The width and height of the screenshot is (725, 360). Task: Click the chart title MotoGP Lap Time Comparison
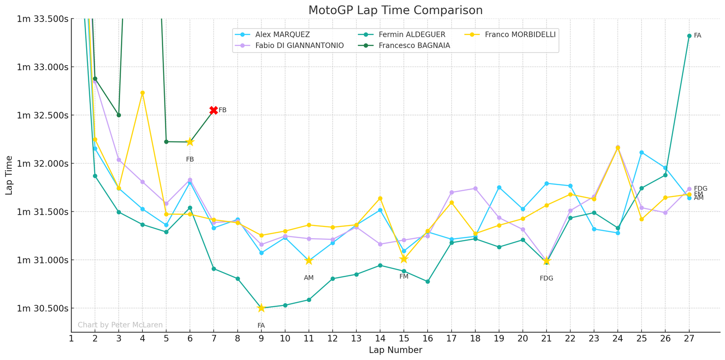(x=395, y=10)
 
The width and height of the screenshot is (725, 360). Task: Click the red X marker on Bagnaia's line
(x=213, y=110)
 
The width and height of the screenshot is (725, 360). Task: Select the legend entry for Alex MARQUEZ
(x=282, y=34)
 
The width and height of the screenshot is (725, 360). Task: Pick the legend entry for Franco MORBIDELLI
(x=520, y=34)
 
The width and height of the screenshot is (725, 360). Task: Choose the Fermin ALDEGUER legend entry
(x=411, y=34)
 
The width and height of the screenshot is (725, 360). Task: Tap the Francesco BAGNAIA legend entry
(x=414, y=45)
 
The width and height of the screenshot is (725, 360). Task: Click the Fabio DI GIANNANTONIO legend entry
(x=299, y=45)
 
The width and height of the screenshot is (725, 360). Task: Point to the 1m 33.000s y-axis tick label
(x=43, y=67)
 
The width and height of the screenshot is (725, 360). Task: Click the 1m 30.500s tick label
(x=43, y=308)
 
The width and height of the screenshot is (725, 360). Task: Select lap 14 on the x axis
(x=380, y=338)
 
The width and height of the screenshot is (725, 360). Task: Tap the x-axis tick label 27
(x=689, y=338)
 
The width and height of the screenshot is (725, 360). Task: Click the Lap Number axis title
(x=395, y=350)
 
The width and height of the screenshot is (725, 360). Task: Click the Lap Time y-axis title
(x=10, y=175)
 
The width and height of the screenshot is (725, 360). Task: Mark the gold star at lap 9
(x=261, y=308)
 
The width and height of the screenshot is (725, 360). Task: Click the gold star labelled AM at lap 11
(x=309, y=260)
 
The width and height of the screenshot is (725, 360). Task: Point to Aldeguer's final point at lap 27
(x=689, y=36)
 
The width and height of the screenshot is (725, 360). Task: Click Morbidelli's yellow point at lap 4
(x=142, y=93)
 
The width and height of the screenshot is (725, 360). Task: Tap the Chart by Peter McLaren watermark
(x=120, y=325)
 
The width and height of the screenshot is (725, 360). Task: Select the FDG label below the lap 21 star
(x=546, y=278)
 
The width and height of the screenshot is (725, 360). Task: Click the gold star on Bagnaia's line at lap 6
(x=190, y=142)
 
